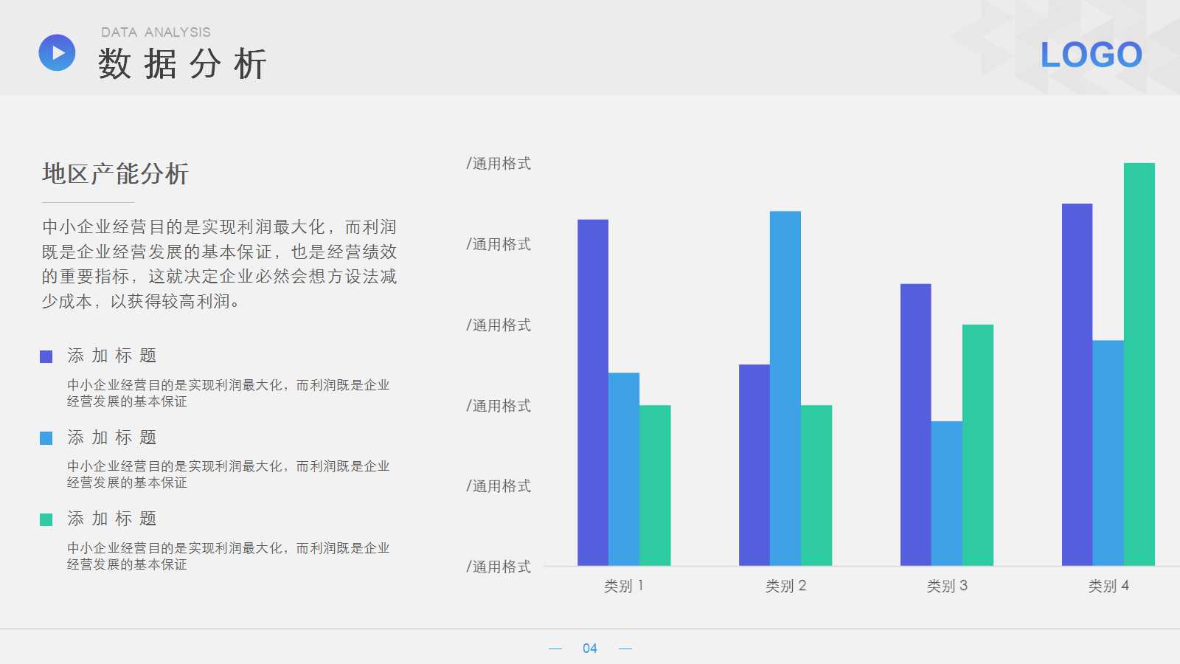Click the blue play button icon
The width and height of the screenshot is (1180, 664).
click(57, 53)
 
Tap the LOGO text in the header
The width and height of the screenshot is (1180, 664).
click(1091, 55)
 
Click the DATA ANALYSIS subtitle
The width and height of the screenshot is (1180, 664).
click(156, 32)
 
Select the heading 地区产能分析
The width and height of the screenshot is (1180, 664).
click(115, 174)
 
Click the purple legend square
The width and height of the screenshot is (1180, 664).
click(46, 357)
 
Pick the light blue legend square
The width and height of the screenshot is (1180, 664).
click(46, 438)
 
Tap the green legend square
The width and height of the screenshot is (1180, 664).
click(46, 520)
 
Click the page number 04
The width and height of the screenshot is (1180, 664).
click(589, 649)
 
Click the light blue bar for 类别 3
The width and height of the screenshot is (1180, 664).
click(946, 494)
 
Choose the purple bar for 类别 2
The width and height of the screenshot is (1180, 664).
click(754, 465)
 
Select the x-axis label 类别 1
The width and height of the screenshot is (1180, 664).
click(624, 586)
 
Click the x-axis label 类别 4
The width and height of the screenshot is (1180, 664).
click(1108, 586)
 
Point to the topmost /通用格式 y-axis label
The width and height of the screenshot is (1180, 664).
click(499, 164)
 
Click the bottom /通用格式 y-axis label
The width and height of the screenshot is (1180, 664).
click(499, 567)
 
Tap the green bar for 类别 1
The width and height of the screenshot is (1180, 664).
click(655, 485)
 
